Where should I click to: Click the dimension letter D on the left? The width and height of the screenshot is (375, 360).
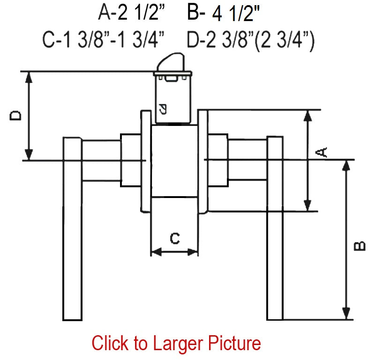pos(15,115)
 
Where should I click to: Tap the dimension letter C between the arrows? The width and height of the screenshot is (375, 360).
pos(175,238)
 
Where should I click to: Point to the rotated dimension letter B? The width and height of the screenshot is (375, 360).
pos(360,246)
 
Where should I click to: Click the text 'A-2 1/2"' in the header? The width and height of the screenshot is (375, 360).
pos(132,13)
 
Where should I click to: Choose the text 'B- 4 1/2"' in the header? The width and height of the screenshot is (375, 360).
pos(224,13)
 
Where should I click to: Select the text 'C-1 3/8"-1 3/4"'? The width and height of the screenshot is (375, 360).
pos(103,40)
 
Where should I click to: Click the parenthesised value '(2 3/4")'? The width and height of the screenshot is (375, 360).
pos(285,41)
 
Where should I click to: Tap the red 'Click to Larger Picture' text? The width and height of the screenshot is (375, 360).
pos(176,343)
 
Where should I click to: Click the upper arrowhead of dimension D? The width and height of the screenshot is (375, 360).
pos(29,77)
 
